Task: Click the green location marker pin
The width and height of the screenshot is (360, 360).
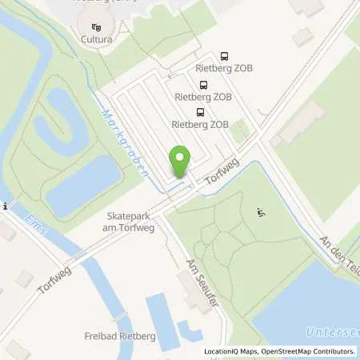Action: click(181, 162)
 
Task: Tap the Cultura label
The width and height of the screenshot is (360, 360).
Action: click(96, 38)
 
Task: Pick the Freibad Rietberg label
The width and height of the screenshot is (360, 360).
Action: click(120, 336)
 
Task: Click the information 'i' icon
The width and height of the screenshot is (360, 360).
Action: click(5, 206)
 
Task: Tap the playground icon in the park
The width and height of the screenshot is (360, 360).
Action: click(260, 211)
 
